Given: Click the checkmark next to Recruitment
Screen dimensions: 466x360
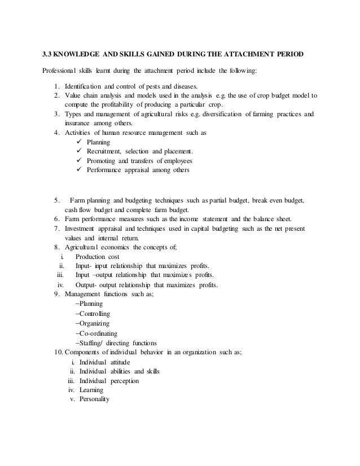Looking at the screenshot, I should (x=78, y=151).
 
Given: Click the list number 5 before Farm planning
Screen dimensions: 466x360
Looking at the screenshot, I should (x=57, y=200).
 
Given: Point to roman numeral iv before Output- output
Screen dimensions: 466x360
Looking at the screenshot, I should (x=61, y=284).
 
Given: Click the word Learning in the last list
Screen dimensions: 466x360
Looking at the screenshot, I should (x=92, y=390).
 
